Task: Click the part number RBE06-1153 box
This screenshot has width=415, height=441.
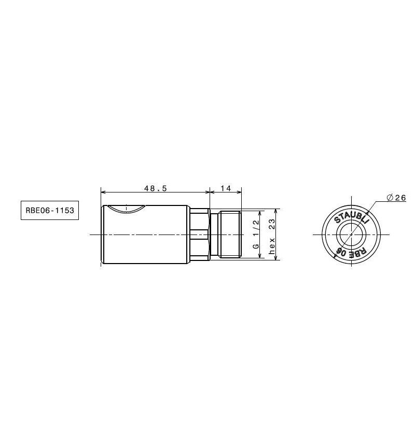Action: pyautogui.click(x=50, y=210)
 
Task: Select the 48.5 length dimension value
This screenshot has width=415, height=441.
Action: pyautogui.click(x=156, y=188)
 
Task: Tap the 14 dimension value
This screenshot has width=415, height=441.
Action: pyautogui.click(x=226, y=188)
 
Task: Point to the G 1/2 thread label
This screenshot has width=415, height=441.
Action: pyautogui.click(x=256, y=235)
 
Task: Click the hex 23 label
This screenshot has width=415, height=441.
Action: pyautogui.click(x=272, y=236)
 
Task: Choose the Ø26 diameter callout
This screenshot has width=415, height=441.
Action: pyautogui.click(x=396, y=198)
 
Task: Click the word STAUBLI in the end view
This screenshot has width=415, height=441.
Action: pyautogui.click(x=351, y=217)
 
